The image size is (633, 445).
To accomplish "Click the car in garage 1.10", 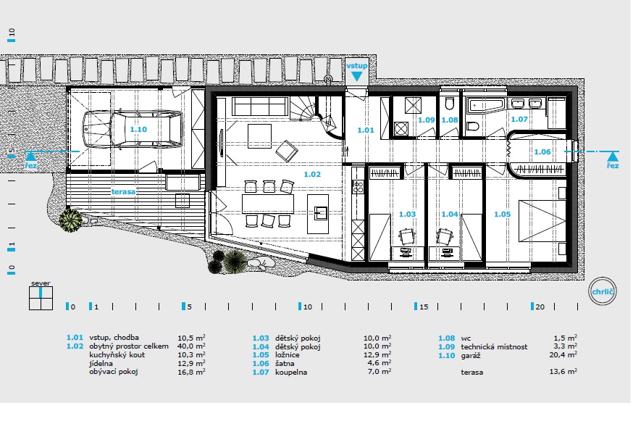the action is coord(133,130).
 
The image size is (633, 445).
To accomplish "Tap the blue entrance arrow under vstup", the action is coord(357,76).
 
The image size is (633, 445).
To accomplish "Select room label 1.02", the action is coord(312,175).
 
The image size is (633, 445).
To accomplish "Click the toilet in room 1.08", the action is coord(450,104).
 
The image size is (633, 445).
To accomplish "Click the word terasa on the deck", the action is coord(123,192).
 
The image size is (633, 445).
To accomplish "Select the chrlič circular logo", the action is coord(602,291).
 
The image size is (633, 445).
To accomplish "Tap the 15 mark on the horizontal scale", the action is coord(423,307).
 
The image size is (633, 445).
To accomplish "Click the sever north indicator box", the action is coord(41,298).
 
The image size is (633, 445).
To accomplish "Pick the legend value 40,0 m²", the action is coord(191,346).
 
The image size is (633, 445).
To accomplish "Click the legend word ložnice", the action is coord(288,355).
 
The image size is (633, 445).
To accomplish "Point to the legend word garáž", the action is coord(470,356).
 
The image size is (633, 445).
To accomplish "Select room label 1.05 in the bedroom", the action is coord(502,215).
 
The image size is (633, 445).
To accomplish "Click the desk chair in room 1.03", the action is coord(406,237).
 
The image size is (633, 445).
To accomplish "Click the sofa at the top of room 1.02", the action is coord(260,107).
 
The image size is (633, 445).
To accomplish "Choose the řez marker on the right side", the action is coord(613,160).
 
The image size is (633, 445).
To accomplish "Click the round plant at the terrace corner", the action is coord(70,220).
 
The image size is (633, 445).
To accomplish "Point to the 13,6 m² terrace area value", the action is coord(563,372).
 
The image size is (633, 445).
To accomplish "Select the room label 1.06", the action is coord(542,151).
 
